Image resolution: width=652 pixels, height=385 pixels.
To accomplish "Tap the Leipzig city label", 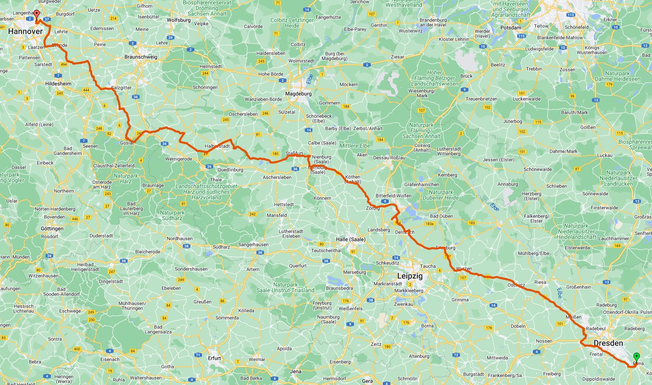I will click(410, 276).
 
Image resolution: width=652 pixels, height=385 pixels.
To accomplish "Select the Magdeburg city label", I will click(298, 94).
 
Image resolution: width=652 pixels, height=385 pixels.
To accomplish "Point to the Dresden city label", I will click(608, 343).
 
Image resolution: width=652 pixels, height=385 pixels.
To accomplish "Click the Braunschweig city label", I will click(140, 57).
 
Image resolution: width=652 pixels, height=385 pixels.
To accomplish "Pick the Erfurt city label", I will click(214, 358).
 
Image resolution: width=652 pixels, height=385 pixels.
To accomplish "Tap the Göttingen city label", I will click(52, 229).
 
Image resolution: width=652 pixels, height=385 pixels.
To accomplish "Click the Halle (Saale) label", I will click(350, 239).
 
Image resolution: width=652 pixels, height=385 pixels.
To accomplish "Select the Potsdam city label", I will click(511, 28).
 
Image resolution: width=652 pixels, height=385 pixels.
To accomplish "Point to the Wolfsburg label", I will click(178, 20).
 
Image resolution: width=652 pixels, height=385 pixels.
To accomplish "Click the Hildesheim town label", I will click(58, 84).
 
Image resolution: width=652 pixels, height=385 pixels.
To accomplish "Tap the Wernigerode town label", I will click(178, 159).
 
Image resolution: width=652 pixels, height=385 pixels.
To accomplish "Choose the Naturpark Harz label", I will click(126, 178).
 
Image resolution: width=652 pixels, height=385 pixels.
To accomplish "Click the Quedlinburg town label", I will click(230, 170).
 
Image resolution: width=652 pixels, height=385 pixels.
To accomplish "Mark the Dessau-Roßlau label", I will click(389, 158).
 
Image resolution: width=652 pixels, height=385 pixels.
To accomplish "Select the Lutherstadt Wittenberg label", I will click(449, 151).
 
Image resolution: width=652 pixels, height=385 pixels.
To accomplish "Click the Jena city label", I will click(296, 371).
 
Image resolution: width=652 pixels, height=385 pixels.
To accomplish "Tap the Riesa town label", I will click(540, 282).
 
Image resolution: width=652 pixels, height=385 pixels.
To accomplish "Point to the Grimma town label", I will click(460, 300).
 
